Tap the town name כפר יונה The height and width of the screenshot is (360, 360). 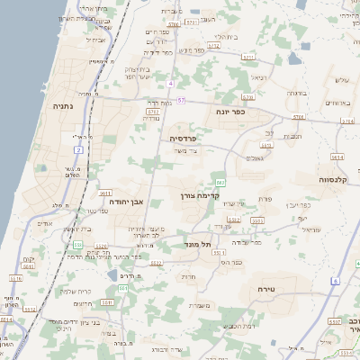click(x=230, y=112)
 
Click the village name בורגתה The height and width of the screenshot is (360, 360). click(x=298, y=93)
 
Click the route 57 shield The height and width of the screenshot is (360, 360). click(x=181, y=99)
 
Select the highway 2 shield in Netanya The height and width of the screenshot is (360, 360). click(x=79, y=149)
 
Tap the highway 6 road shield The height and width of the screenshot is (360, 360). click(x=335, y=282)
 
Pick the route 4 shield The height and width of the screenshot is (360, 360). click(x=169, y=83)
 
